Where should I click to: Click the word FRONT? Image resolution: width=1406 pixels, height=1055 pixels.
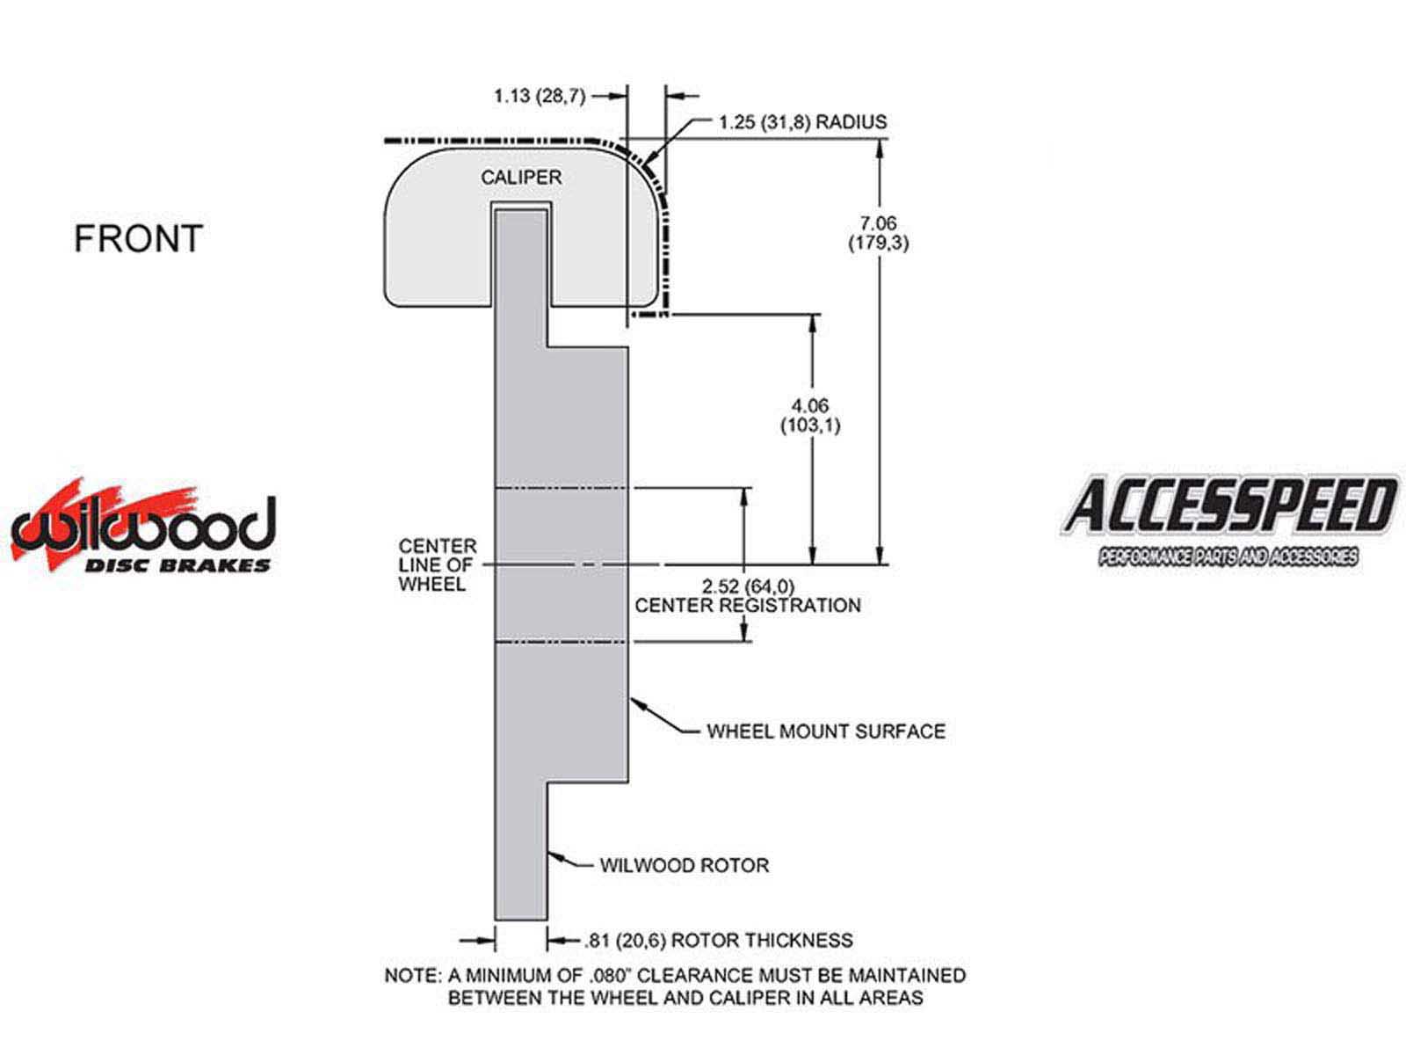coord(138,238)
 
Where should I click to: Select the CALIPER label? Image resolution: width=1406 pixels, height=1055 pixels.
coord(521,178)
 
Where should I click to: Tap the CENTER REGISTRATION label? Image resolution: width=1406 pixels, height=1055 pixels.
coord(748,606)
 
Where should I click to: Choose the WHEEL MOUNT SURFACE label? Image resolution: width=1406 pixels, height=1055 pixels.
coord(826,731)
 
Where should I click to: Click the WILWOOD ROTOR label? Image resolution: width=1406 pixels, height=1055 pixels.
coord(684,865)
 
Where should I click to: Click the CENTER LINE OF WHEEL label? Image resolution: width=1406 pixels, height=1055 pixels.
coord(438,565)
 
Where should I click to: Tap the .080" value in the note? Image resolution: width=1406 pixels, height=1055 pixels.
coord(610,975)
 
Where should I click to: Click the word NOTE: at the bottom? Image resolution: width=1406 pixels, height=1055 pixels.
coord(413,976)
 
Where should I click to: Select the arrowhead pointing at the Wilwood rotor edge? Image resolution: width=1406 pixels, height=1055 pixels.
coord(556,855)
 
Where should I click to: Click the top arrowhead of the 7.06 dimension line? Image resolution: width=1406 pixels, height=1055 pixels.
coord(881,149)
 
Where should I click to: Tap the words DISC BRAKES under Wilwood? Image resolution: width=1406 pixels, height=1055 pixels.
coord(178,565)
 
